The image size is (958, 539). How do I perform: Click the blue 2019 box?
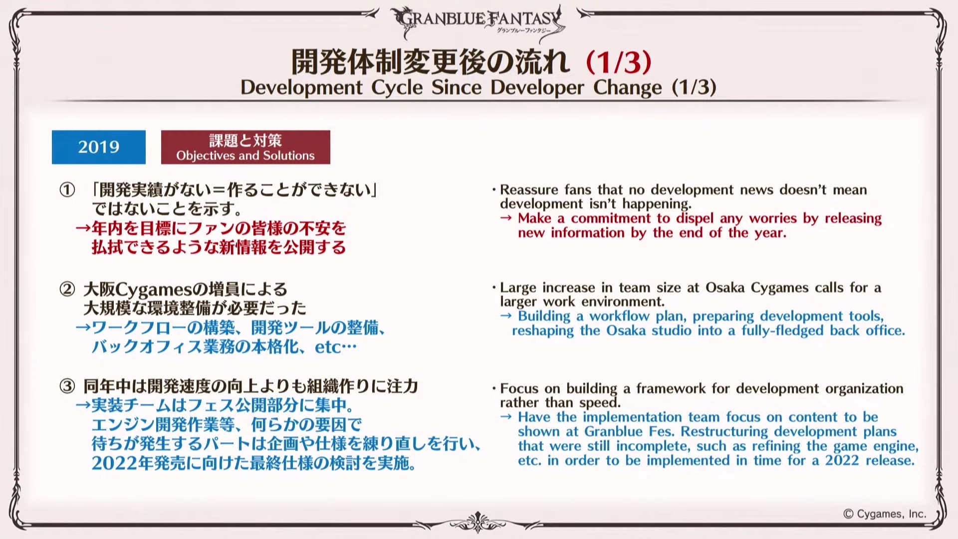pyautogui.click(x=99, y=147)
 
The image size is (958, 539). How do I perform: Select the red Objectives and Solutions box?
pyautogui.click(x=245, y=147)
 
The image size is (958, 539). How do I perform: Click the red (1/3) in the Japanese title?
pyautogui.click(x=619, y=62)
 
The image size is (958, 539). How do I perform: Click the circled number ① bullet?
pyautogui.click(x=67, y=190)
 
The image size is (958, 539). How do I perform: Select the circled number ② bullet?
pyautogui.click(x=67, y=289)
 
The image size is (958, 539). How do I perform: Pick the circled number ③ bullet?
pyautogui.click(x=67, y=386)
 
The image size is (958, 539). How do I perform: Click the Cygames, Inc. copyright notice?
pyautogui.click(x=885, y=514)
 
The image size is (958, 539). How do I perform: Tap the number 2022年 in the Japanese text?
pyautogui.click(x=122, y=463)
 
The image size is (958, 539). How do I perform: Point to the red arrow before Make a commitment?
pyautogui.click(x=506, y=219)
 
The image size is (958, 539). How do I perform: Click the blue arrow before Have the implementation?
pyautogui.click(x=506, y=417)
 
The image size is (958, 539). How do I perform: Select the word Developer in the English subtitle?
pyautogui.click(x=537, y=88)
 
